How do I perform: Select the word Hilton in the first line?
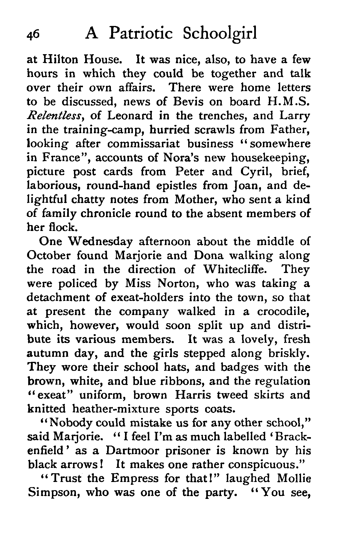(60, 60)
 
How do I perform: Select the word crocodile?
(283, 312)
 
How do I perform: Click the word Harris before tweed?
(193, 395)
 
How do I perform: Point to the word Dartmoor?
(136, 451)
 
